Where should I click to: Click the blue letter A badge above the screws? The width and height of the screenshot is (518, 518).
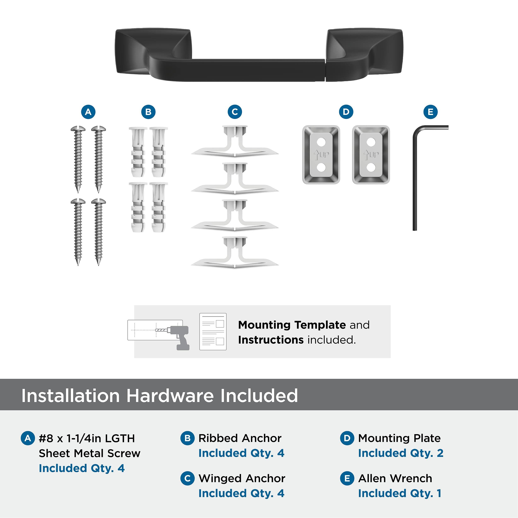88,112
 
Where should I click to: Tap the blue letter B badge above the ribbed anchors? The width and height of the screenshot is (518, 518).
148,112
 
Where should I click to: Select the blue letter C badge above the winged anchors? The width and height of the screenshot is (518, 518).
235,112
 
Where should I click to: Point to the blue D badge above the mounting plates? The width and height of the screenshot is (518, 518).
346,112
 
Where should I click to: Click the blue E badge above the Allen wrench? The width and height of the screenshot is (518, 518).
431,112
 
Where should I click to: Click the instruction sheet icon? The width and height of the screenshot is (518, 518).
213,332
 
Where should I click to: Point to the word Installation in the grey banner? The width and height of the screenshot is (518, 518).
70,396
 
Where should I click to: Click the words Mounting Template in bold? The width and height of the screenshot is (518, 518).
292,325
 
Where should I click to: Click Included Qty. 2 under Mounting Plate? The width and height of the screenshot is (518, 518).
401,453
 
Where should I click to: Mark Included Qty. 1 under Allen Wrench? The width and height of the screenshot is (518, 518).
400,493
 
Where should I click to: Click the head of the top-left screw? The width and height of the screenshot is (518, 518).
78,129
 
